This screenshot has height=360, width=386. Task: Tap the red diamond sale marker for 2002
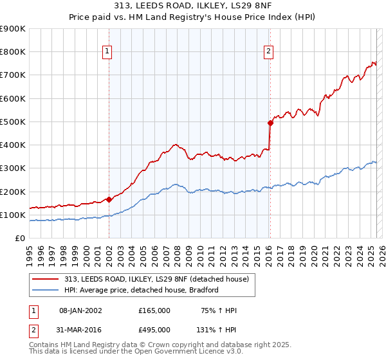click(109, 199)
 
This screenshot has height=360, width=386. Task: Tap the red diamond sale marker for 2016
click(271, 123)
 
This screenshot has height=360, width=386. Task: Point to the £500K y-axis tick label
click(13, 122)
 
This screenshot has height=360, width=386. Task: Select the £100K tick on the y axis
click(13, 215)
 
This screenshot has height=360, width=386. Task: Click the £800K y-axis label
click(13, 52)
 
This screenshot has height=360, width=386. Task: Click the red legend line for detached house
click(45, 278)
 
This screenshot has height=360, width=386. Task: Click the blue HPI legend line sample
click(45, 290)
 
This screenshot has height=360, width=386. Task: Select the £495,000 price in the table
click(154, 330)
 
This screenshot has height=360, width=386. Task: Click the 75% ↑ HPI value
click(219, 310)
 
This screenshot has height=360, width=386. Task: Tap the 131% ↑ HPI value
click(216, 330)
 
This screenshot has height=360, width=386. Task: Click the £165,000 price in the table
click(154, 310)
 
